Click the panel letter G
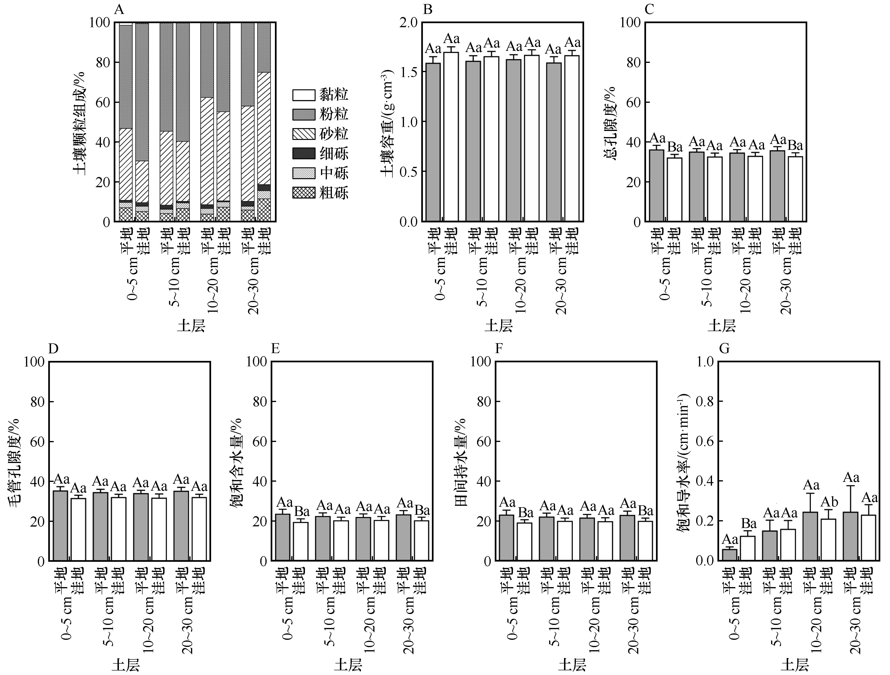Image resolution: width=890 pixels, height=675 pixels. (x=724, y=348)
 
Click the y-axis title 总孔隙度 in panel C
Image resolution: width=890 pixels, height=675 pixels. (x=611, y=123)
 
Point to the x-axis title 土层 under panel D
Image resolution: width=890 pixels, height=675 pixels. (x=126, y=665)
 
